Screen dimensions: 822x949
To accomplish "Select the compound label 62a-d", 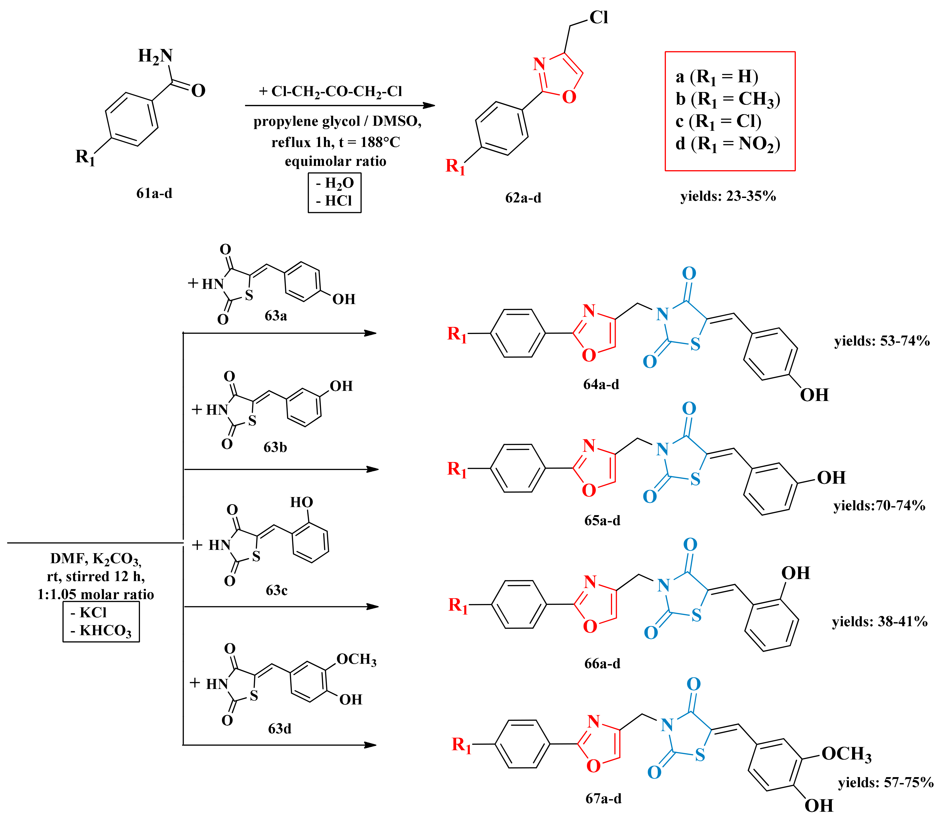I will click(523, 198).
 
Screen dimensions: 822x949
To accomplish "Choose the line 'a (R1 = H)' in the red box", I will click(717, 77).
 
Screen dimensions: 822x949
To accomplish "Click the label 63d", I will click(279, 728).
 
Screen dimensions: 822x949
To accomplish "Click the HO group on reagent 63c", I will click(302, 502).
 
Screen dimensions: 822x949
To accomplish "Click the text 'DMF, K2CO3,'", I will click(96, 559).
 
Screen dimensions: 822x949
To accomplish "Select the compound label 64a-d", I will click(601, 384).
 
